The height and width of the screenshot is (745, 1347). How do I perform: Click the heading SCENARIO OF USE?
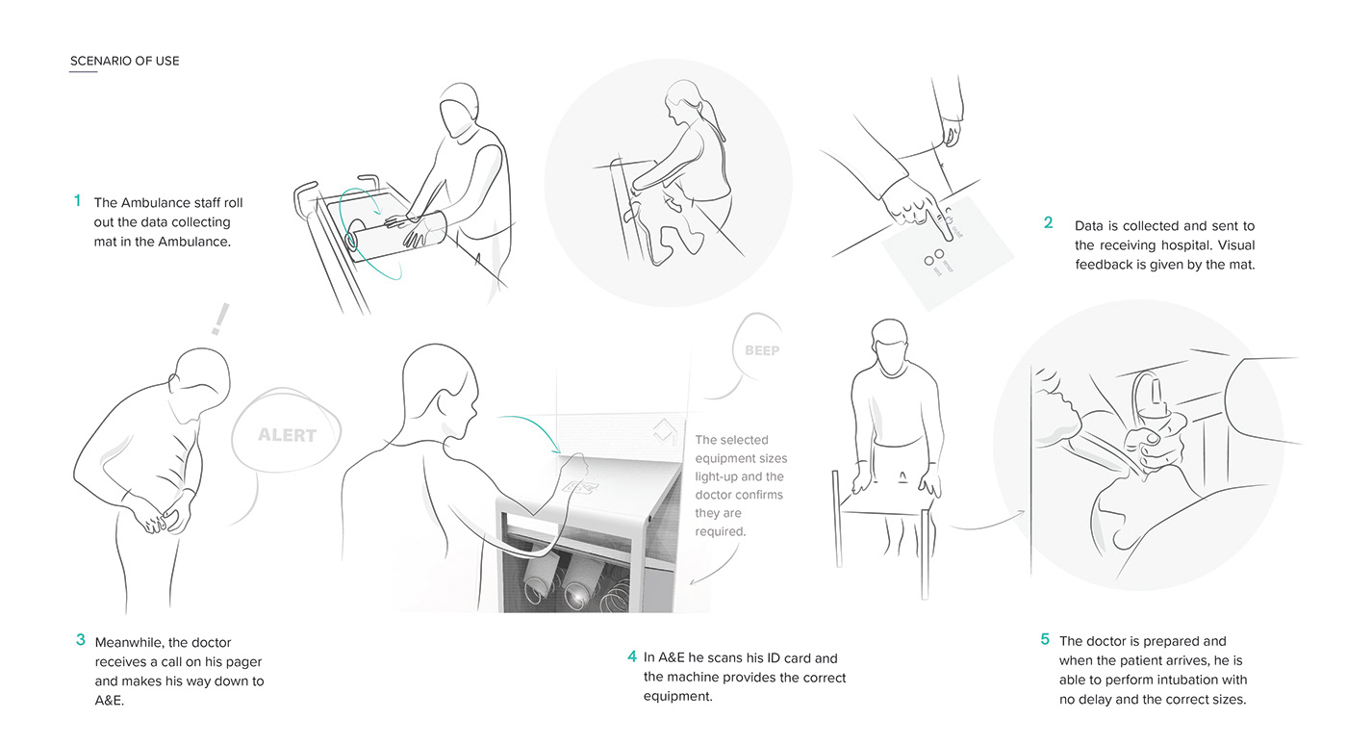(x=124, y=61)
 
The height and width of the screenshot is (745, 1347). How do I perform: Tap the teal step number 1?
(x=78, y=200)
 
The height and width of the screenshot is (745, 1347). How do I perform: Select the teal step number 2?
(x=1048, y=222)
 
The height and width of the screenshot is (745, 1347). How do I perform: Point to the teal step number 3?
(x=81, y=640)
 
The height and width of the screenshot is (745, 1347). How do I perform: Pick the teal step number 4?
(x=632, y=655)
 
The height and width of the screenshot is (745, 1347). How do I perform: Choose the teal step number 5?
(x=1045, y=639)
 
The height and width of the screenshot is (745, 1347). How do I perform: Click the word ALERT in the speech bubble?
(x=287, y=435)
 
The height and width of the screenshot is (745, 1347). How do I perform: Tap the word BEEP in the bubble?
(x=762, y=350)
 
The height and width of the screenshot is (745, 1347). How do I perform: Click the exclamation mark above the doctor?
(x=220, y=319)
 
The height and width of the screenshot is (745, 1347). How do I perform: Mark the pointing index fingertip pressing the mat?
(x=950, y=237)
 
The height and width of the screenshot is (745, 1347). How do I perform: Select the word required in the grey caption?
(x=721, y=531)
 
